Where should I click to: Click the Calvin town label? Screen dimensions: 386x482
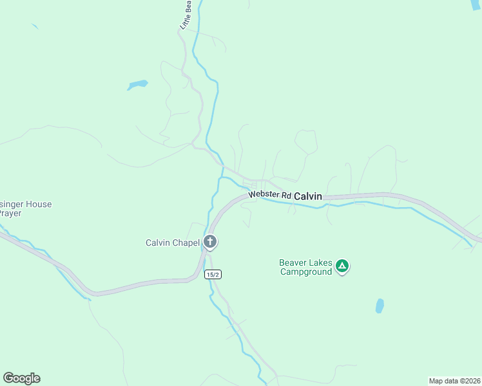307,196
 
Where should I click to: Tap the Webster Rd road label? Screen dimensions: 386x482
270,194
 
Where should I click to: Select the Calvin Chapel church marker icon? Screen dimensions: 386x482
210,242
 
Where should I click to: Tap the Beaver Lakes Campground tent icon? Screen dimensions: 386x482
343,266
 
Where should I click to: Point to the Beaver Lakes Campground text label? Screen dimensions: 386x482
305,267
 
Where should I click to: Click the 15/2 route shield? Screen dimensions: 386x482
213,274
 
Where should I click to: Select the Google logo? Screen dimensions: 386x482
21,378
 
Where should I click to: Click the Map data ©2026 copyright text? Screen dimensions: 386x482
454,381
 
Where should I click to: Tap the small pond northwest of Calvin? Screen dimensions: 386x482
138,84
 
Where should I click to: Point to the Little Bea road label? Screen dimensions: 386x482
186,15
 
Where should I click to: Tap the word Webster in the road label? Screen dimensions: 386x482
262,194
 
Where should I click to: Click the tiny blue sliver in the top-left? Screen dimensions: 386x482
34,26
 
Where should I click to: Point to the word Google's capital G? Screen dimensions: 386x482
8,378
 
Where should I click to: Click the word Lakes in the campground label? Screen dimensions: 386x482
321,262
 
